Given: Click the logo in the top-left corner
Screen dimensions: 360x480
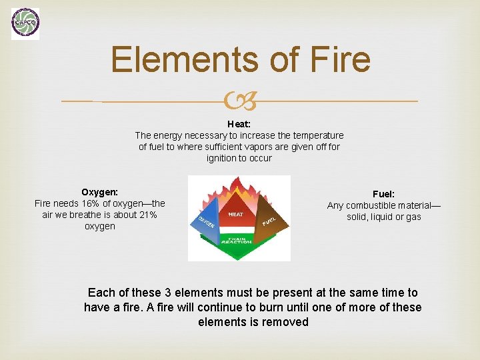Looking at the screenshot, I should [x=25, y=24].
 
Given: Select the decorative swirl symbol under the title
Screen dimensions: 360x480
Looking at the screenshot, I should [x=239, y=102].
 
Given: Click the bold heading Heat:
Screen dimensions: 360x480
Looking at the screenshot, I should [x=239, y=123].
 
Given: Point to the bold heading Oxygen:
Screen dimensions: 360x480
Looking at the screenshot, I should [x=99, y=191].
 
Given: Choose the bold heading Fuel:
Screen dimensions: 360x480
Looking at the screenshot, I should [x=383, y=193].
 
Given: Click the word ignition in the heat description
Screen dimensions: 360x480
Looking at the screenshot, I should [x=221, y=158].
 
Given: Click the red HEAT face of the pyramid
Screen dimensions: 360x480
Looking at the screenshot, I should [x=236, y=213].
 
